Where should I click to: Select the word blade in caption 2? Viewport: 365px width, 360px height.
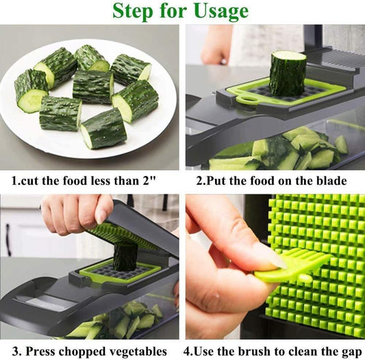coord(329,181)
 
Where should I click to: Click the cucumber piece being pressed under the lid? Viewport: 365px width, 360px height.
coord(125,257)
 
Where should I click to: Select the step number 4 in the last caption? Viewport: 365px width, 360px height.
coord(190,351)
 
